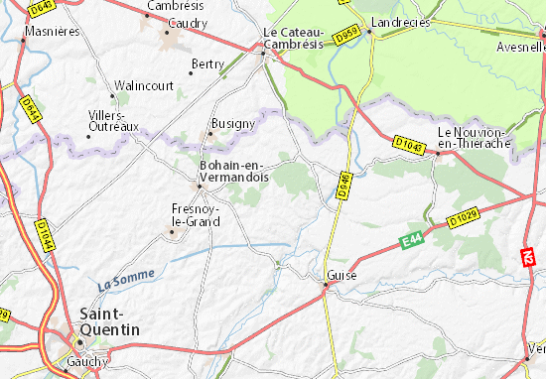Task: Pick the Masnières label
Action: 52,32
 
